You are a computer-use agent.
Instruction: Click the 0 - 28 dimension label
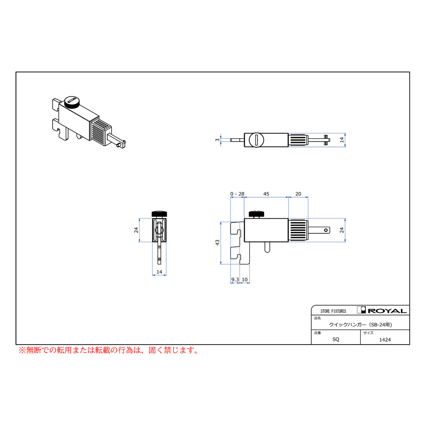pos(237,194)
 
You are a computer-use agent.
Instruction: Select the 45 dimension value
pos(266,194)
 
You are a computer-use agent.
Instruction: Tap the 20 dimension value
pos(298,194)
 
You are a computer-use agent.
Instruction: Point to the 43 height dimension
pos(217,243)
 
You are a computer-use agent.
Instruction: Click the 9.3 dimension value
pos(235,280)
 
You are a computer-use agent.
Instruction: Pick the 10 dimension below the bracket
pos(245,280)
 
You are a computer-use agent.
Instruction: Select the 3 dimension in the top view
pos(217,140)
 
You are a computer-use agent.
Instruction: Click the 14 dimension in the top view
pos(342,140)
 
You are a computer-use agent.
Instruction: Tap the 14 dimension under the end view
pos(160,272)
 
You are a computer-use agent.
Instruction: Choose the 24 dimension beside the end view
pos(136,230)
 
